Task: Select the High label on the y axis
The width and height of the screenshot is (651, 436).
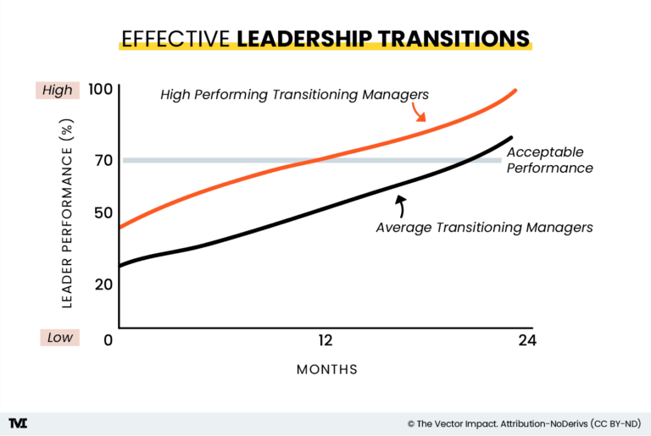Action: pos(57,90)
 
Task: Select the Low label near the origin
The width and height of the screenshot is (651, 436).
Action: pos(59,337)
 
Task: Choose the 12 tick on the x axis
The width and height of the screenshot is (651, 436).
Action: pos(324,340)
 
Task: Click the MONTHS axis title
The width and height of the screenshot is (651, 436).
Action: pos(326,370)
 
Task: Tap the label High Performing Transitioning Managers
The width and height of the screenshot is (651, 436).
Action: pos(294,94)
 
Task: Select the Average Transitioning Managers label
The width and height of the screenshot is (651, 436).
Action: pos(484,227)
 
